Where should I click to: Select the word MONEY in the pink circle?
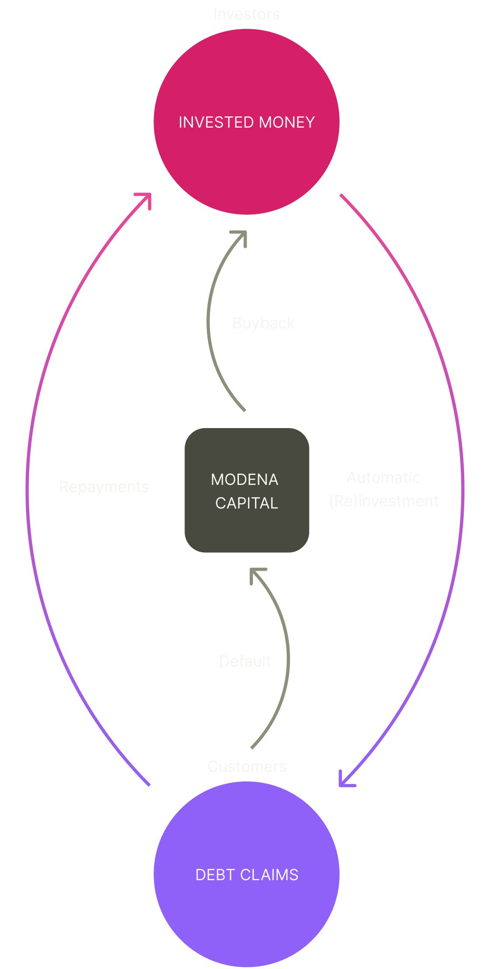click(287, 122)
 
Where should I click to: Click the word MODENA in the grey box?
click(245, 480)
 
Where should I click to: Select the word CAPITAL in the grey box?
click(247, 503)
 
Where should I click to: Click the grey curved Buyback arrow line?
click(208, 324)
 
